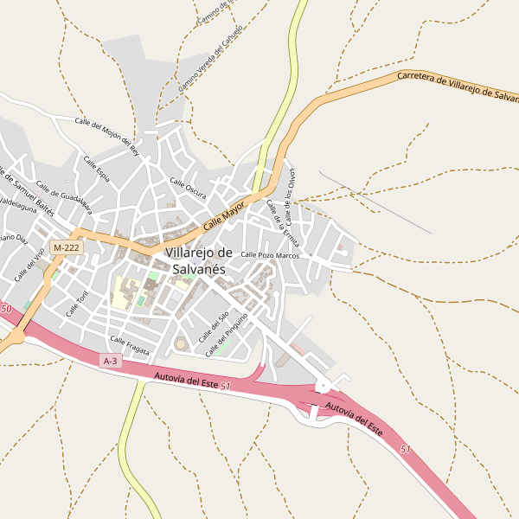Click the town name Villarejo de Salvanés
199,260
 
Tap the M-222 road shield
66,247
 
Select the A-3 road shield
110,361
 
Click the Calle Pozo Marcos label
270,255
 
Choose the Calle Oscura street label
188,188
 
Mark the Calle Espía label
96,168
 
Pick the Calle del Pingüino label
228,334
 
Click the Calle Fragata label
130,345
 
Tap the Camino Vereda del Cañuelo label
210,59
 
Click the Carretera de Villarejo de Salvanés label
457,88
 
